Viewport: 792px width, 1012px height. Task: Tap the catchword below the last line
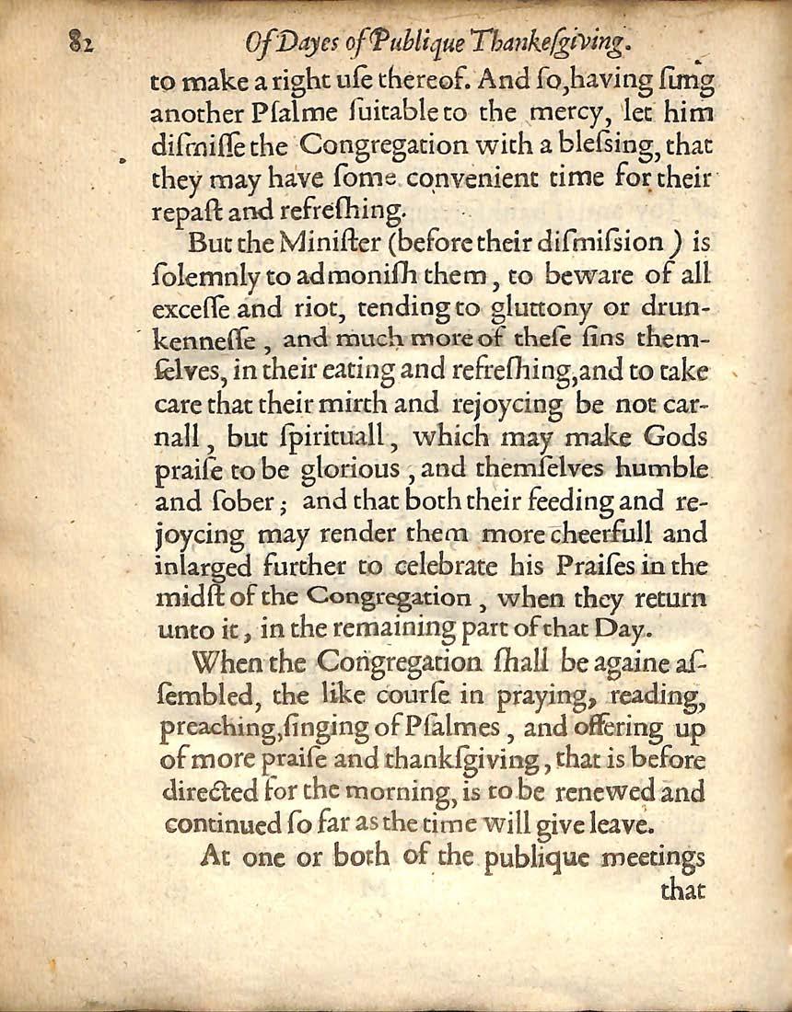[681, 890]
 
